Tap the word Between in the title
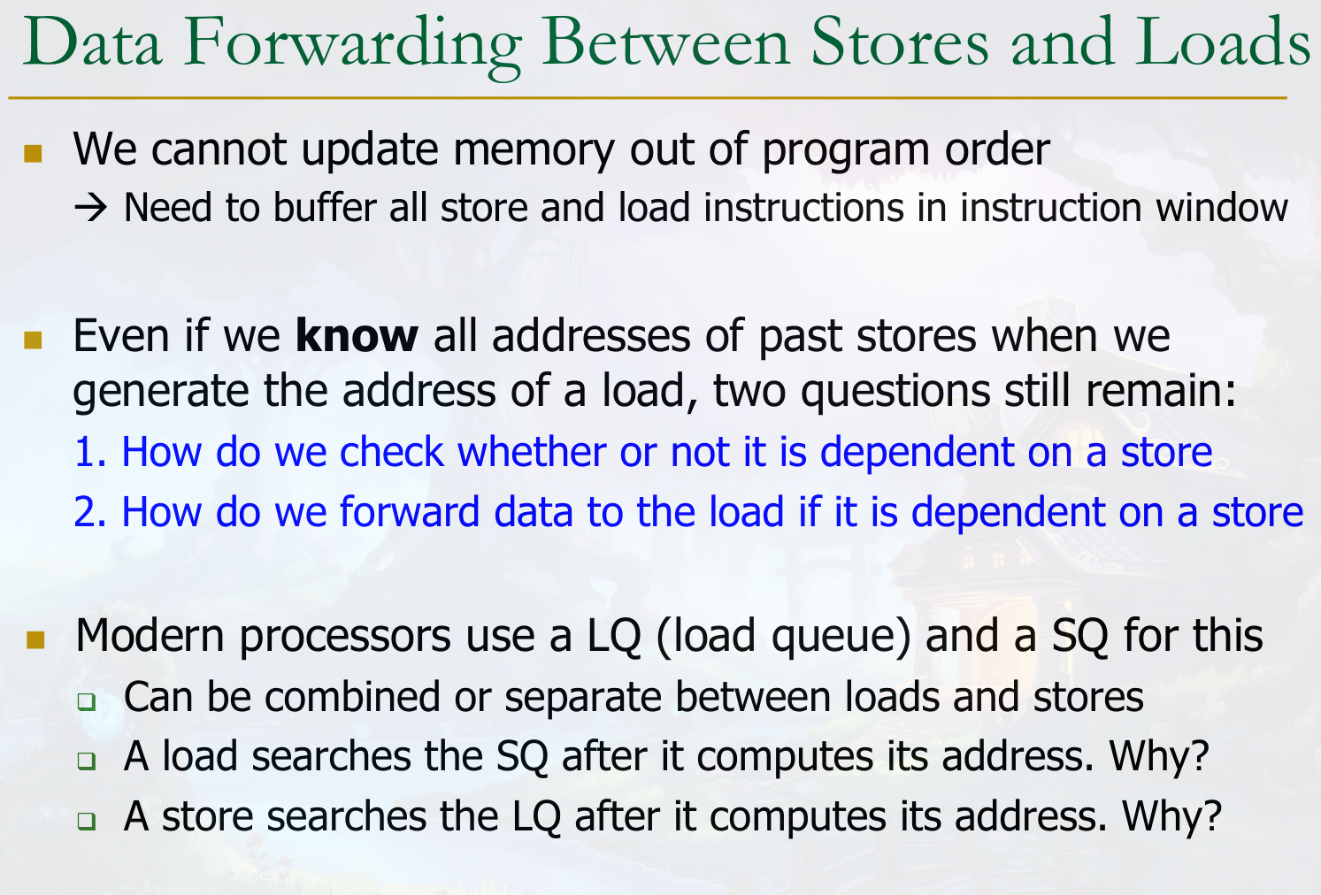coord(665,42)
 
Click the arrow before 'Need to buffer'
coord(90,208)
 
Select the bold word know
coord(357,335)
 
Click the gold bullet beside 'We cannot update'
coord(33,153)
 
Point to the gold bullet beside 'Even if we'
coord(33,340)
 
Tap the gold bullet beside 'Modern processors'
coord(36,639)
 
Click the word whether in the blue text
coord(532,452)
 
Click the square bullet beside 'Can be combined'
coord(86,701)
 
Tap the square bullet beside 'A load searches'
coord(86,761)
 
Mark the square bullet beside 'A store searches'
coord(86,820)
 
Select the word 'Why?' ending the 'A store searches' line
coord(1171,817)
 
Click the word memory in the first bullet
coord(534,151)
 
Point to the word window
coord(1221,208)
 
